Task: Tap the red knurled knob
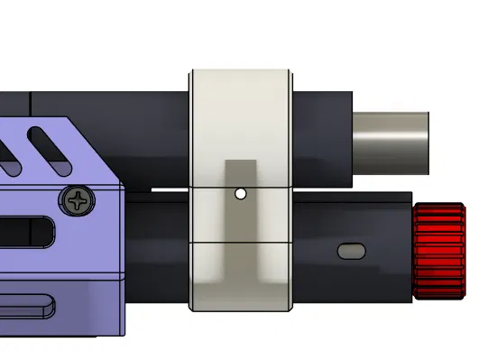439,251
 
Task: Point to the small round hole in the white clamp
240,194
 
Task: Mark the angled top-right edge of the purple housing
95,149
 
